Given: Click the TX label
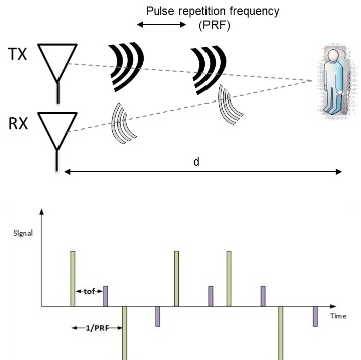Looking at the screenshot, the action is tap(17, 54).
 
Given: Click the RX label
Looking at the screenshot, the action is tap(18, 123).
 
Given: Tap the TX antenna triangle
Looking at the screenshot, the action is tap(57, 62).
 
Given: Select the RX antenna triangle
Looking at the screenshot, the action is tap(57, 131).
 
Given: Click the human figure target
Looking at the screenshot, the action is tap(334, 81).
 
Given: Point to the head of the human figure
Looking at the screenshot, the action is tap(333, 55).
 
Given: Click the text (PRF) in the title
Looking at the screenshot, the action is tap(214, 25).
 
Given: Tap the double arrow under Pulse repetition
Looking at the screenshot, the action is tap(162, 24).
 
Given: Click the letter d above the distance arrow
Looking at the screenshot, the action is tap(196, 162).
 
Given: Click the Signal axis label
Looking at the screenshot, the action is tap(23, 233).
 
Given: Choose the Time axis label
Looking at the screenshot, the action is tap(338, 316).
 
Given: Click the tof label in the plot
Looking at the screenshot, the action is tap(89, 291).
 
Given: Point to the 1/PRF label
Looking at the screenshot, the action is tap(98, 328).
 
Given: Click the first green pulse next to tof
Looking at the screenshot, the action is tap(73, 278).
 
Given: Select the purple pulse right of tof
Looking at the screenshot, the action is tap(105, 296).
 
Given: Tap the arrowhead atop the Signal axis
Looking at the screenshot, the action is tap(41, 211).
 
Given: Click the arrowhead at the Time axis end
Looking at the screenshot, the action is tap(333, 306).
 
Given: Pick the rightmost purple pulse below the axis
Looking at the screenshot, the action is tap(315, 316).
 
